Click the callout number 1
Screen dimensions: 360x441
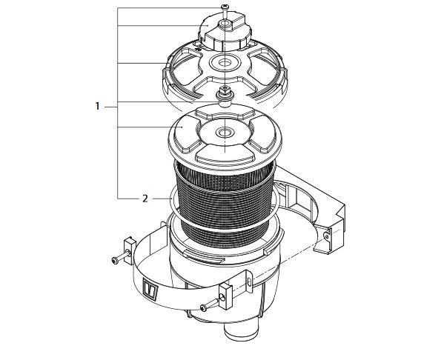(97, 107)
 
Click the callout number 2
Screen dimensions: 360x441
(145, 199)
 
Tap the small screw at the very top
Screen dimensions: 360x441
(223, 8)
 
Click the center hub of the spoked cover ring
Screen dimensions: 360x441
(223, 63)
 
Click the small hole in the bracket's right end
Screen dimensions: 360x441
(325, 236)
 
